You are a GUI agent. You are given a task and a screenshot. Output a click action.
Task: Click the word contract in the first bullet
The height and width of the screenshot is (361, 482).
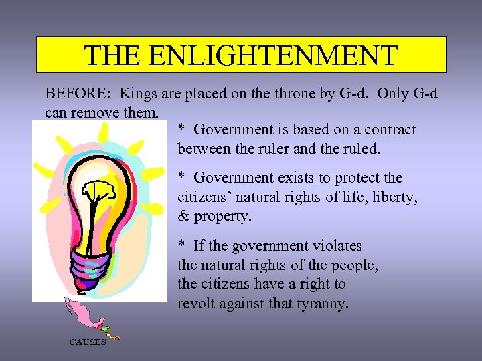pos(390,130)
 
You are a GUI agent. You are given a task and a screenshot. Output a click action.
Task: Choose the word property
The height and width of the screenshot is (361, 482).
pos(222,217)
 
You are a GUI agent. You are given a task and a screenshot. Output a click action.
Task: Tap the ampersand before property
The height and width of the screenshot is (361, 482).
pos(183,217)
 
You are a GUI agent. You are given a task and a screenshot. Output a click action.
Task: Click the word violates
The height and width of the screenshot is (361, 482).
pos(334,246)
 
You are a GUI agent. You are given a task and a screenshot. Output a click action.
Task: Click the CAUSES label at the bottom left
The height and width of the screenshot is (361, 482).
pos(87,342)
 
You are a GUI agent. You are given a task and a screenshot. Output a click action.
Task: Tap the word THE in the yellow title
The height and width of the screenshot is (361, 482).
pos(111,55)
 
